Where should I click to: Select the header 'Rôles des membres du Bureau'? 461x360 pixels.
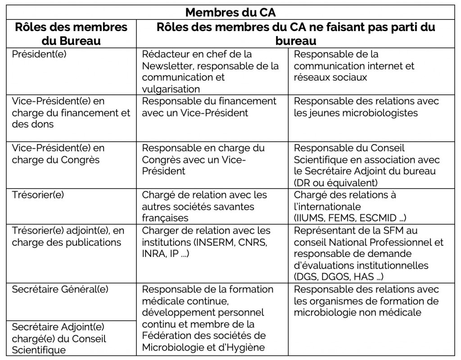pos(71,33)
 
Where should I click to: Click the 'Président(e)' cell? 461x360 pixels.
pos(38,54)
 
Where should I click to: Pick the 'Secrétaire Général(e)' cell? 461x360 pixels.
pos(60,289)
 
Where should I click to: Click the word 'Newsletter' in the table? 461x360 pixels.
pos(167,66)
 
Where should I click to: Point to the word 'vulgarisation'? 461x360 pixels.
pos(171,89)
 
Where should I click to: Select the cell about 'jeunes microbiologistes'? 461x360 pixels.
pos(366,107)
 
